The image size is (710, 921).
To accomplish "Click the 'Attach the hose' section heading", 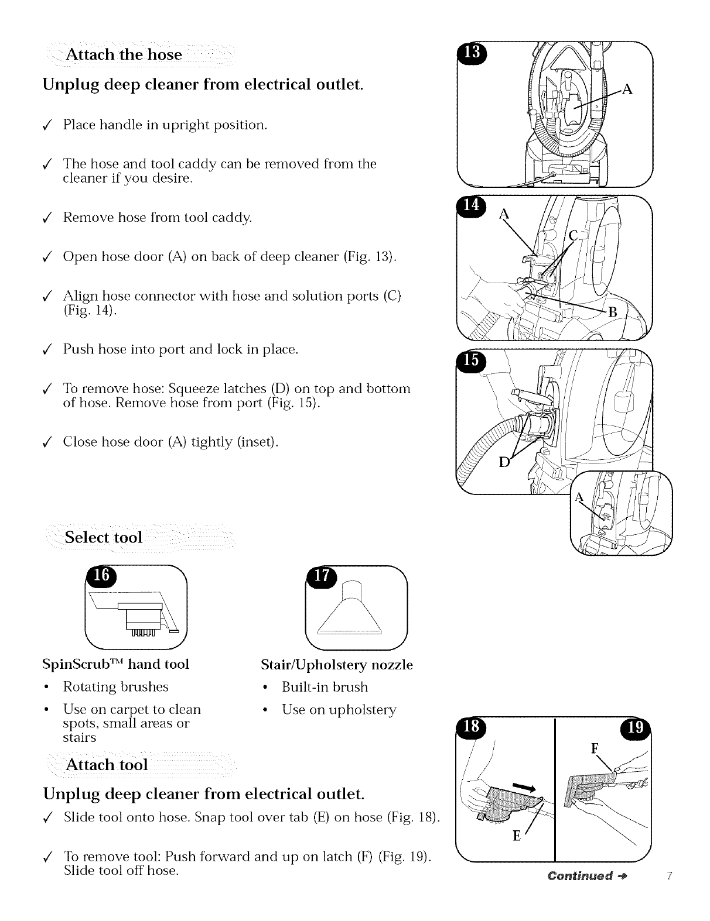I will click(x=124, y=55).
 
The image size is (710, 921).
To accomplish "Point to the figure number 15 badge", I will click(x=470, y=361).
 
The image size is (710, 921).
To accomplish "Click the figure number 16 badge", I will click(x=101, y=575).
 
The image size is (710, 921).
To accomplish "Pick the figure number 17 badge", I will click(x=322, y=576).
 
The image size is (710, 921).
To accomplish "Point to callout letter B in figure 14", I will click(x=613, y=313).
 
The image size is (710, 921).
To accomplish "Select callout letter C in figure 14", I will click(x=574, y=235).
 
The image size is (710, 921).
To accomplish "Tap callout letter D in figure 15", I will click(x=503, y=463).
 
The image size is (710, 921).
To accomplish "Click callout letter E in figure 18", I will click(x=517, y=836).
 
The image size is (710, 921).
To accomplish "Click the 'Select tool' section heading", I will click(x=104, y=537).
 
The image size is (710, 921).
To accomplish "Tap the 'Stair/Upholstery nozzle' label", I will click(x=337, y=665).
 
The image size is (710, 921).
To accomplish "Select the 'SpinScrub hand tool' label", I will click(x=116, y=664).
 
